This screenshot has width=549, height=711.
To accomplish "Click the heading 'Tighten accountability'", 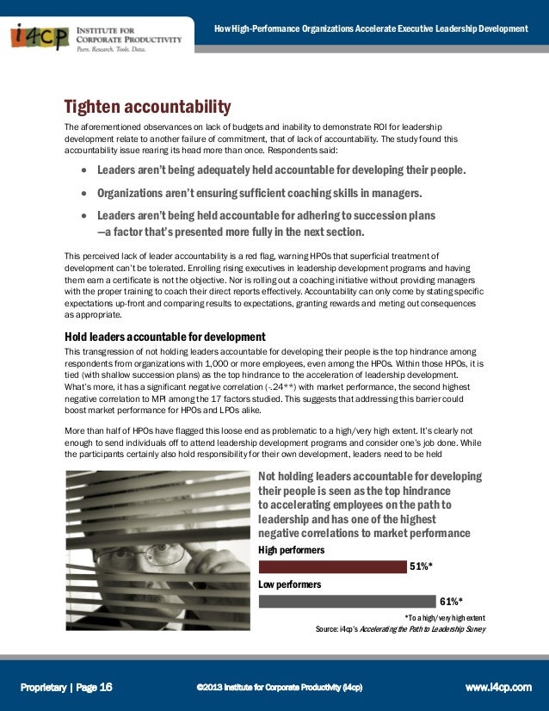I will pos(147,108).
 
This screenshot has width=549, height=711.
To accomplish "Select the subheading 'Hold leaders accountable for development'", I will pos(165,336).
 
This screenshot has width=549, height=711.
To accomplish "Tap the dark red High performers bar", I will pos(332,566).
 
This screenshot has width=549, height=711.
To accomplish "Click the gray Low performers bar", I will pos(348,601).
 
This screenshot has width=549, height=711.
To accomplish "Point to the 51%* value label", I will pos(420,566).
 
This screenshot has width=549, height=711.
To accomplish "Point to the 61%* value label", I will pos(451,601).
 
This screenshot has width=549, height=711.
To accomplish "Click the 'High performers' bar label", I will pos(291,549).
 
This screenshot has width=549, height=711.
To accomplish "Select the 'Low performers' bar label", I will pos(289,584).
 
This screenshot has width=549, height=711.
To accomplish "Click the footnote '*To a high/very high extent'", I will pos(444,617).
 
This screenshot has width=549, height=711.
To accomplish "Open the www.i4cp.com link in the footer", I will pos(498,687).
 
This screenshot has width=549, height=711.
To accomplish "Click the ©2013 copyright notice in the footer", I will pos(279,687).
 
